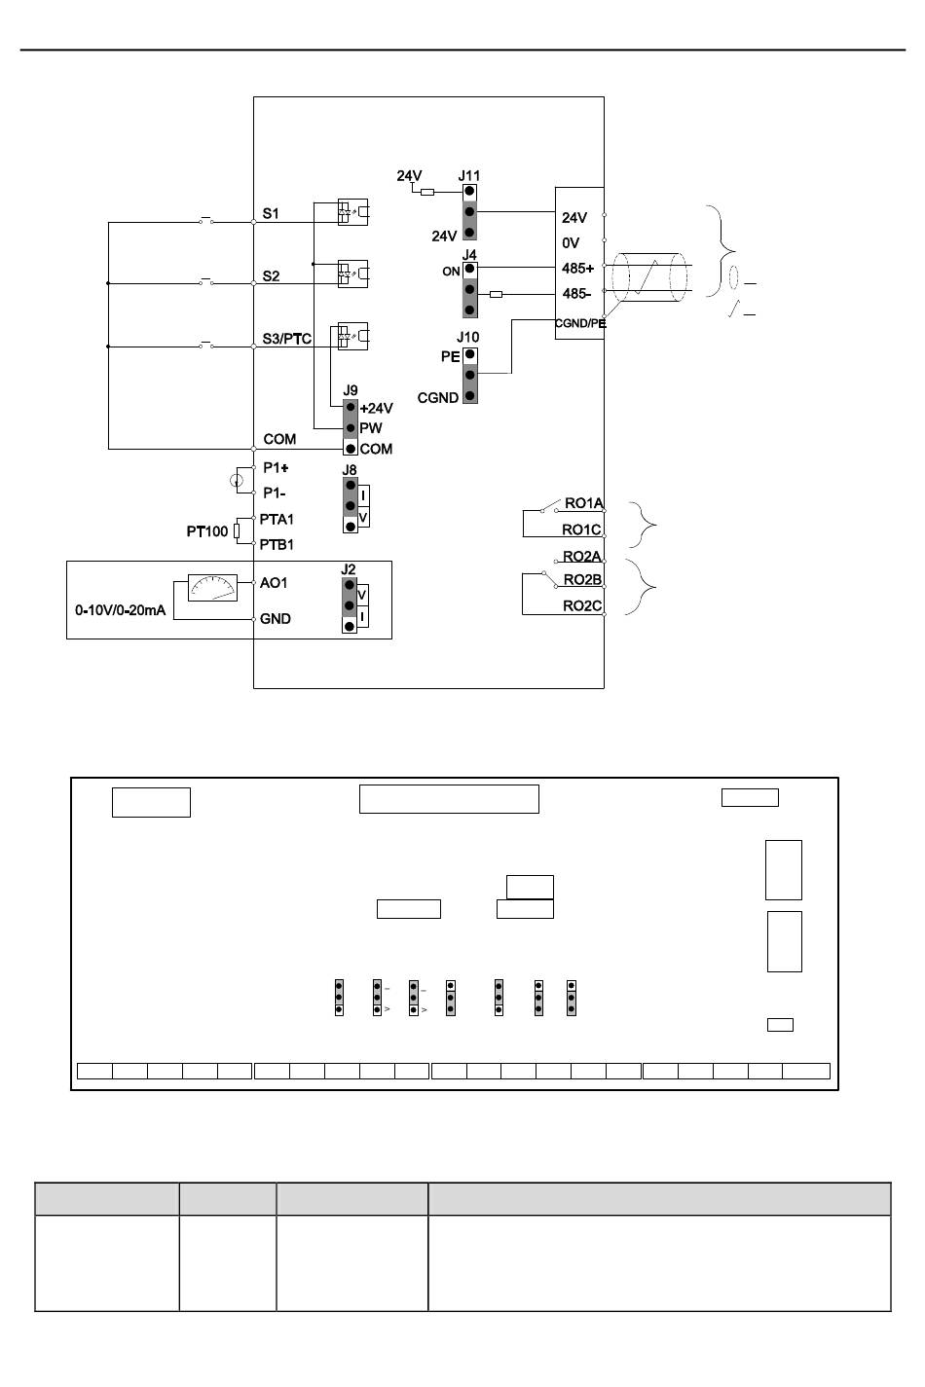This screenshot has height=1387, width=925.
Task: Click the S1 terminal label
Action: tap(271, 213)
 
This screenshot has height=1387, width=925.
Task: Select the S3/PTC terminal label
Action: tap(287, 339)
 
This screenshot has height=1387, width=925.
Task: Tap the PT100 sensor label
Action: tap(207, 532)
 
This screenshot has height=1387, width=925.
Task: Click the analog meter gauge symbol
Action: tap(212, 588)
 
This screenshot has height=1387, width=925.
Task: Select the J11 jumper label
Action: tap(469, 176)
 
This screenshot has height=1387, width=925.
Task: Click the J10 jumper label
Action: tap(468, 338)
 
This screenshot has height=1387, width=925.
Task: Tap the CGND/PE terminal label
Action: tap(580, 323)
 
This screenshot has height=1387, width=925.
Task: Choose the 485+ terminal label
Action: tap(577, 269)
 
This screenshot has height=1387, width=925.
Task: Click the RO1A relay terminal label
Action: tap(584, 503)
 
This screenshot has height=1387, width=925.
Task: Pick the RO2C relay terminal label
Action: tap(582, 606)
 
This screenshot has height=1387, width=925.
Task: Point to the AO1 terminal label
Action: tap(274, 583)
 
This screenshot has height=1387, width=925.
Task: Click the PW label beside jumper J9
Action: tap(371, 428)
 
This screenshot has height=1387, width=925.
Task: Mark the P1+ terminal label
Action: tap(276, 467)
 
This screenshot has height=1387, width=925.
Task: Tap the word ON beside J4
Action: tap(451, 272)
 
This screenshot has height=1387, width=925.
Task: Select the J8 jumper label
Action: tap(350, 470)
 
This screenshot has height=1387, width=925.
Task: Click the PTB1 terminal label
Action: tap(277, 545)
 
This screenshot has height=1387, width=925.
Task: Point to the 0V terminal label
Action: tap(571, 243)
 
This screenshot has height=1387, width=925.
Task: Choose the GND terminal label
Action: tap(276, 619)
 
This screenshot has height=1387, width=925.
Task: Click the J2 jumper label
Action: tap(349, 569)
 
